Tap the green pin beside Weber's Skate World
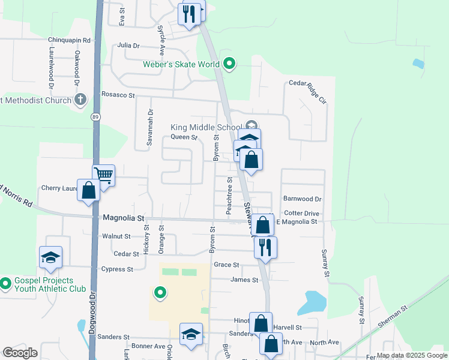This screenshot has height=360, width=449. coord(229,63)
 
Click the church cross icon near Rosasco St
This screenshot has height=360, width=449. coord(80,100)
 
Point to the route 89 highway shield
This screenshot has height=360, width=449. coord(96,117)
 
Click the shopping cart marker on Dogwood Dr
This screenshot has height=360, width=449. coord(103,176)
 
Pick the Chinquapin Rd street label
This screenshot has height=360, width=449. coord(69,40)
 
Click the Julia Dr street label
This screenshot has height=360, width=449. coord(128,45)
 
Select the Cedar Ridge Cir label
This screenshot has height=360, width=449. coord(307,83)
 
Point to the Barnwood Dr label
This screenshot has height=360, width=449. coord(303,199)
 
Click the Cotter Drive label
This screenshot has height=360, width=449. coord(302,213)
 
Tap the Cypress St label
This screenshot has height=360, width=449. coord(117,269)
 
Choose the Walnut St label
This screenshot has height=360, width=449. coord(116,236)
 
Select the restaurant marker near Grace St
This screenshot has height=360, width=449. coord(265,247)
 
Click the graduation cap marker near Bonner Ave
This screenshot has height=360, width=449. coord(191,334)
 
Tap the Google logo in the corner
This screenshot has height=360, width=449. coord(20,353)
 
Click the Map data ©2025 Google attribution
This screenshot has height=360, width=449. coord(411,355)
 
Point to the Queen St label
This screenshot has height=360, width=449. coord(184,137)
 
